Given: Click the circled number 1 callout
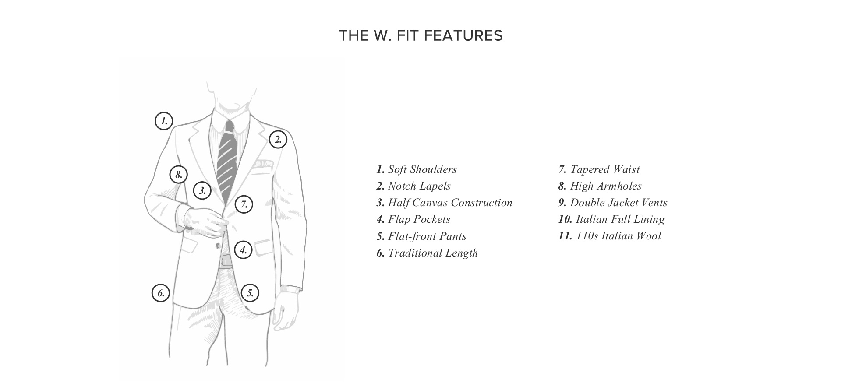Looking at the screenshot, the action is pos(164,121).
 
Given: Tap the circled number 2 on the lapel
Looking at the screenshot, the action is pos(278,140).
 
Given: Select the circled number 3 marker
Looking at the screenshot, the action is pos(202,190).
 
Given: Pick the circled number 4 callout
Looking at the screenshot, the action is pos(243,250).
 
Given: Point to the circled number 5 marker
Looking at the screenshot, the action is pos(250,293).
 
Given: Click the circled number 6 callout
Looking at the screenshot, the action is pos(161,293).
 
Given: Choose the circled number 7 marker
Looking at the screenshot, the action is pos(244,204).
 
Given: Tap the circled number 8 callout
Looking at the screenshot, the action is pos(179,175).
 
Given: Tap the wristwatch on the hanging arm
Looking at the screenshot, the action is pos(291,289).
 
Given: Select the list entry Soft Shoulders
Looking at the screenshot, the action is pos(417,169).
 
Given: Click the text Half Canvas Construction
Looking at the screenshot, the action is pos(444,203).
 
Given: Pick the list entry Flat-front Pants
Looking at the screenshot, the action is pos(421,236).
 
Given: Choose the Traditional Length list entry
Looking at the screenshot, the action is pos(427,253).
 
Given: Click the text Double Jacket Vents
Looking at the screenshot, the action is pos(613,203).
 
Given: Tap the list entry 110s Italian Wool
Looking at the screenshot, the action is pos(610,236).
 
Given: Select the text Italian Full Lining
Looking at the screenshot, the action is pos(611,219).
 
